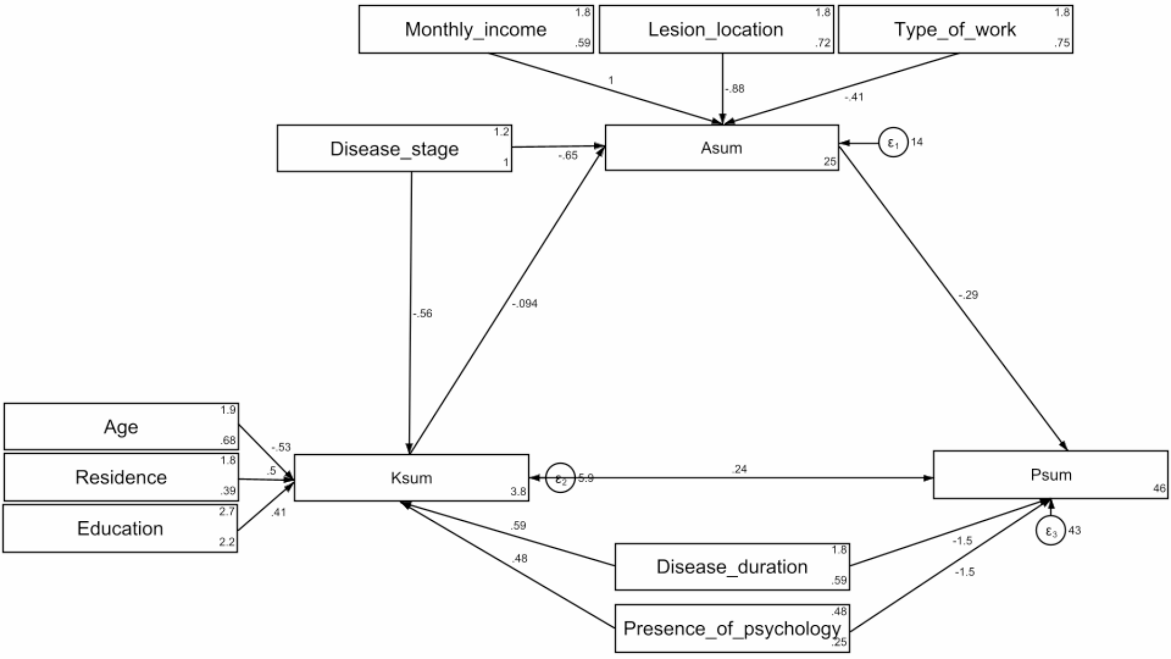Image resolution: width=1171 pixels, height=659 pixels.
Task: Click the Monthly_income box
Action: (x=476, y=30)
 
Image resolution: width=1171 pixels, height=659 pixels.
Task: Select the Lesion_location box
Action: (x=716, y=30)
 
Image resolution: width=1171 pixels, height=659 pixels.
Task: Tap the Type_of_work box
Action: (x=955, y=30)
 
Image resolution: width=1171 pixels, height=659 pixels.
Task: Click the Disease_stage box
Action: (x=394, y=149)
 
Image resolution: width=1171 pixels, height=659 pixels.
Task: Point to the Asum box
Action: (x=722, y=148)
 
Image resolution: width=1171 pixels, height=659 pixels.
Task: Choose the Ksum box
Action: (x=412, y=478)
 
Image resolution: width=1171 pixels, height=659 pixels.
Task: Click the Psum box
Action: (x=1051, y=475)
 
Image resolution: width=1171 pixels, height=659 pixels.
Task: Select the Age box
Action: (x=121, y=427)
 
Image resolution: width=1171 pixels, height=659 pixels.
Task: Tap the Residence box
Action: (x=121, y=478)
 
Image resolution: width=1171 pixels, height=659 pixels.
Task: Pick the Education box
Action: (x=120, y=528)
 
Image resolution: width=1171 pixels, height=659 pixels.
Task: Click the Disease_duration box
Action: (x=732, y=567)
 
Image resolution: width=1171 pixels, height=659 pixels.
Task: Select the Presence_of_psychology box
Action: (x=732, y=629)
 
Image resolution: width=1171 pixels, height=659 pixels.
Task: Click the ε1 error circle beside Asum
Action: (x=893, y=142)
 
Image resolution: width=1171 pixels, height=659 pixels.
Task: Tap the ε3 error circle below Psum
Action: (x=1051, y=531)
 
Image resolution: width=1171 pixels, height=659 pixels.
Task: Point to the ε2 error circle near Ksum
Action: (x=560, y=479)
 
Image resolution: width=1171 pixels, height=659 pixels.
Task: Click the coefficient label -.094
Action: (x=524, y=304)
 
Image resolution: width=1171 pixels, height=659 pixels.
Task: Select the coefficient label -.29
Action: (x=967, y=295)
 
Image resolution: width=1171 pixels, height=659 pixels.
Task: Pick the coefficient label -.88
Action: (x=735, y=89)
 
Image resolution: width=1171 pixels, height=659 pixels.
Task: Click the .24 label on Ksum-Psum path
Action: (x=739, y=469)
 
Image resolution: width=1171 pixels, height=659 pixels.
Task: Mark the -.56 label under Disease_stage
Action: (x=422, y=314)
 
